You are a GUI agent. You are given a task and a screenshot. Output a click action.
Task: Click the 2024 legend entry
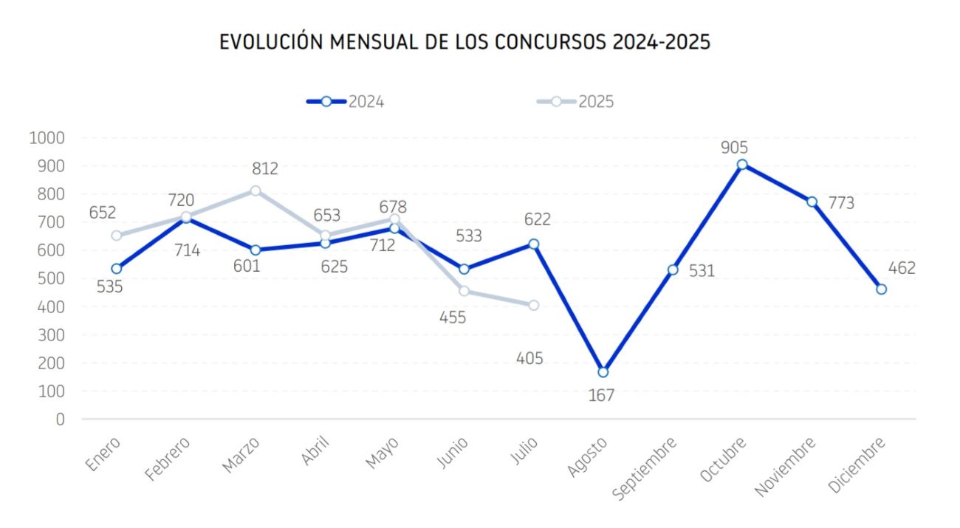tap(346, 102)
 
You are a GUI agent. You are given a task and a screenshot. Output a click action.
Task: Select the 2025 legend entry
tap(575, 102)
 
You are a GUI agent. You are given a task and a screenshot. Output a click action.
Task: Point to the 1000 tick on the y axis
tap(47, 138)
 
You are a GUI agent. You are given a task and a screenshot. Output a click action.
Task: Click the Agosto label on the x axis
tap(589, 459)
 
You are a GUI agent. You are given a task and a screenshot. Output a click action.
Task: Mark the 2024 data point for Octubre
tap(742, 165)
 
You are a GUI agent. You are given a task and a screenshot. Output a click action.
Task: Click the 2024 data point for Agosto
tap(603, 372)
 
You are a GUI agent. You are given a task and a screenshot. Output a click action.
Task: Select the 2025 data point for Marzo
tap(256, 191)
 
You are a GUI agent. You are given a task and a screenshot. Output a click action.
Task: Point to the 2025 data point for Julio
tap(534, 305)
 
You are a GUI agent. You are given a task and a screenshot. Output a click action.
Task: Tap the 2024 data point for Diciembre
tap(881, 289)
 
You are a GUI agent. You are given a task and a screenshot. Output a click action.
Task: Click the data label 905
tap(735, 147)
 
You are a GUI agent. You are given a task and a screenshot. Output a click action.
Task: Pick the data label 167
tap(601, 395)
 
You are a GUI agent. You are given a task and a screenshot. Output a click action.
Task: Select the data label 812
tap(264, 168)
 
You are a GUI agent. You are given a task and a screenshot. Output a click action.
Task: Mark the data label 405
tap(530, 359)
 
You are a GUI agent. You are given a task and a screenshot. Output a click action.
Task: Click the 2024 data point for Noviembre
tap(812, 202)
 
